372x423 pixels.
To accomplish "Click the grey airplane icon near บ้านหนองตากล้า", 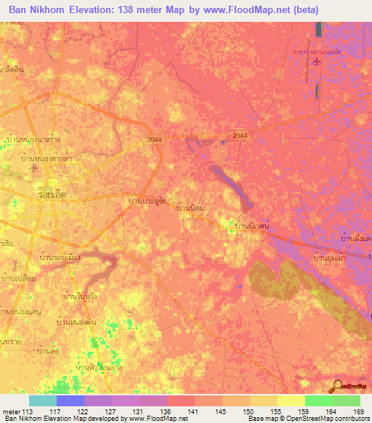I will (32, 169).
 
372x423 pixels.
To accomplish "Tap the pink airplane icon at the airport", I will (315, 60).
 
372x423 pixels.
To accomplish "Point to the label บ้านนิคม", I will (192, 208).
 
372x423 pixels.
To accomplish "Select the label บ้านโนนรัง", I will (81, 296).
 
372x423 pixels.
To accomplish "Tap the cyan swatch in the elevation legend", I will (43, 400).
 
